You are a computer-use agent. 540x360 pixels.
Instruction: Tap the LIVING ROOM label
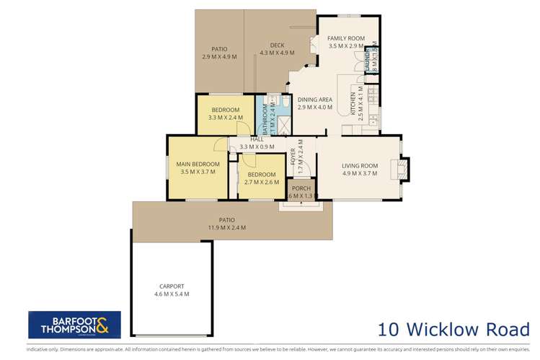pyautogui.click(x=360, y=165)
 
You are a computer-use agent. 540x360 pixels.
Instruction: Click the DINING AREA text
pyautogui.click(x=315, y=99)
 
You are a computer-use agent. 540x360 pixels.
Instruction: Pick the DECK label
pyautogui.click(x=278, y=44)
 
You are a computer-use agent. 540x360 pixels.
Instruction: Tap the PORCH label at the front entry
pyautogui.click(x=301, y=188)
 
